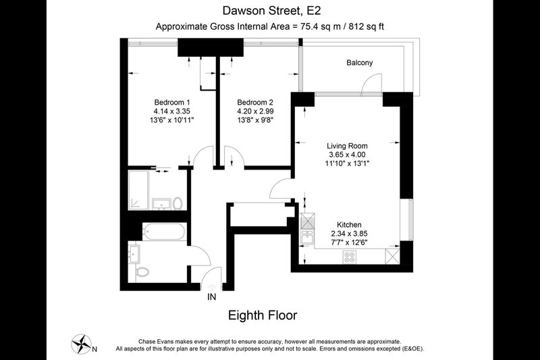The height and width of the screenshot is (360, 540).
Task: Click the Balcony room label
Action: coord(359,63)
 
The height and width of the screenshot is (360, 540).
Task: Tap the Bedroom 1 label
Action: coord(172,102)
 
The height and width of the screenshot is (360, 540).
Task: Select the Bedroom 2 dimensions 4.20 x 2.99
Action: coord(255,111)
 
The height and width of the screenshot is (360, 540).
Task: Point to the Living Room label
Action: coord(347,146)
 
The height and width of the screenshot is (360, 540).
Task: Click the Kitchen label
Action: coord(349,225)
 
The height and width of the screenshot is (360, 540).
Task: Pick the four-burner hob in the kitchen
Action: coord(349,257)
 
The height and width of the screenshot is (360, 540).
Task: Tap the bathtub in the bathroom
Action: coord(164,232)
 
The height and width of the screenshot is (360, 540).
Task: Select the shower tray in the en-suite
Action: coord(138,190)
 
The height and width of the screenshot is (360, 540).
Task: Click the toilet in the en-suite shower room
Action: coord(178,203)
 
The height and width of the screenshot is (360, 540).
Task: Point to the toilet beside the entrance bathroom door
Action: coord(142,272)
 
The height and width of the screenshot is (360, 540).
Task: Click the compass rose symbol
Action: coord(81,344)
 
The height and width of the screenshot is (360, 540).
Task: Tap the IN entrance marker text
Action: coord(211,297)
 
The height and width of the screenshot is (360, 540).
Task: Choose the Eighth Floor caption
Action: coord(263,315)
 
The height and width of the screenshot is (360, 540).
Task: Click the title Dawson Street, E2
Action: coord(272,11)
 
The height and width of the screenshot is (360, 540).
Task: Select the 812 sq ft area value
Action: coord(366,26)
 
